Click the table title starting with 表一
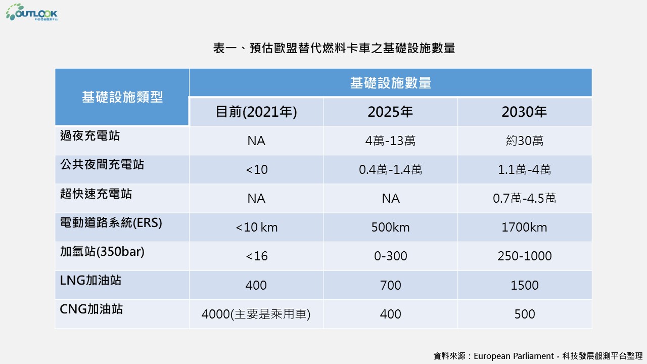[334, 48]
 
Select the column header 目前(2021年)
[256, 112]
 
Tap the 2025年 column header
[390, 112]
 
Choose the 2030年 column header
[524, 112]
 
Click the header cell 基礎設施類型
[122, 97]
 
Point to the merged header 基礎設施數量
[390, 83]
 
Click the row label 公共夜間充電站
[102, 164]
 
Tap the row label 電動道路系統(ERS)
[111, 222]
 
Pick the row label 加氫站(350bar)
[102, 251]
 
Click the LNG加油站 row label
[91, 280]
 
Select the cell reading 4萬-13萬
[390, 141]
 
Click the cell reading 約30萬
[524, 141]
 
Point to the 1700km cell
[524, 227]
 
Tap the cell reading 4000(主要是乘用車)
[256, 314]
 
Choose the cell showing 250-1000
[524, 256]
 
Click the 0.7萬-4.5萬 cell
[524, 199]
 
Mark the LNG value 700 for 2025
[390, 286]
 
